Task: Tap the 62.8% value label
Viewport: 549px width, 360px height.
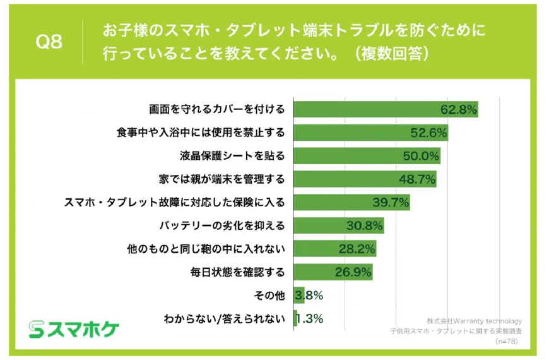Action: pyautogui.click(x=458, y=109)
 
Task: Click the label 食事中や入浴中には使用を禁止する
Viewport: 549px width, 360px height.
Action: pyautogui.click(x=201, y=133)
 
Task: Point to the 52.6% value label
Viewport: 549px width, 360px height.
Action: pyautogui.click(x=428, y=133)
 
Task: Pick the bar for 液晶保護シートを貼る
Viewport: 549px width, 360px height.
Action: pyautogui.click(x=366, y=156)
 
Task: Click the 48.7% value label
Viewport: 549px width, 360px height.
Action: pyautogui.click(x=417, y=179)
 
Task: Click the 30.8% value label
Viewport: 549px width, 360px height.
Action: pyautogui.click(x=364, y=225)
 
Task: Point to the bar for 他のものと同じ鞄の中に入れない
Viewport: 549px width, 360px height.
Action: pyautogui.click(x=334, y=249)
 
